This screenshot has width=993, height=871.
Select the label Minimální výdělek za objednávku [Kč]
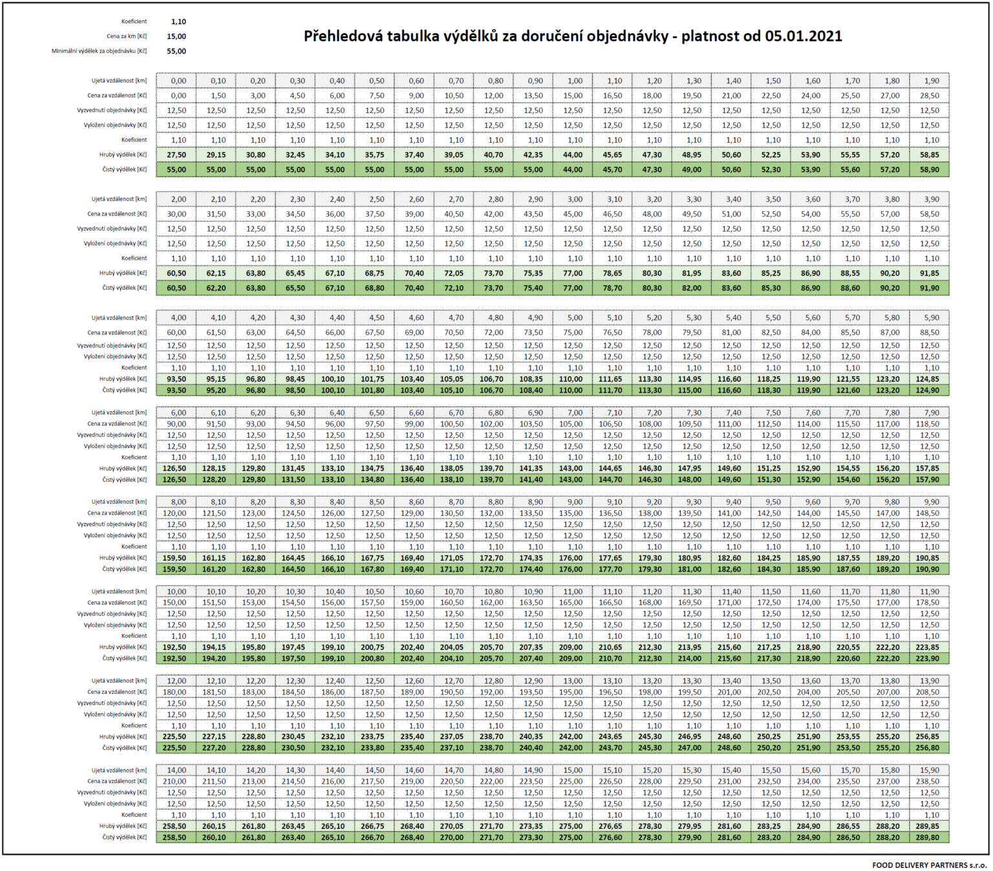click(99, 51)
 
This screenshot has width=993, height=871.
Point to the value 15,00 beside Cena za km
click(176, 36)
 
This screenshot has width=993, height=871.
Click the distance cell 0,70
click(454, 81)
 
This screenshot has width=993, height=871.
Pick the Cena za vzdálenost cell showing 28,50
click(929, 96)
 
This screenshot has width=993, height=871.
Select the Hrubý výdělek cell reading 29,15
click(216, 155)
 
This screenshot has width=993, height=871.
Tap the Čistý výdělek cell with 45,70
click(612, 169)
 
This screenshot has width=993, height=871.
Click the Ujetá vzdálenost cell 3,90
click(929, 200)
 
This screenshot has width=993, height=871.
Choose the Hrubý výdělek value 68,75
click(374, 273)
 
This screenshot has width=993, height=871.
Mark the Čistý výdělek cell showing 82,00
click(692, 288)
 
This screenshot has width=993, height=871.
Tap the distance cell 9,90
click(929, 502)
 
